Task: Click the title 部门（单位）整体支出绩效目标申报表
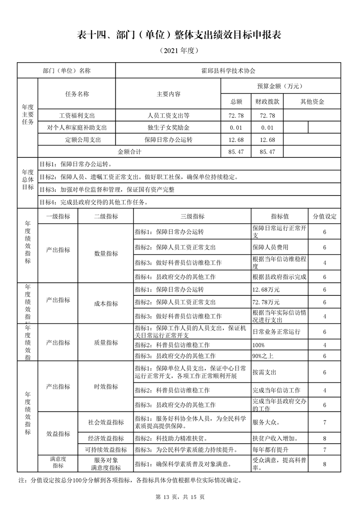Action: click(180, 35)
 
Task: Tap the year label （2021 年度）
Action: click(180, 51)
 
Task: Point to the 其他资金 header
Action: click(312, 102)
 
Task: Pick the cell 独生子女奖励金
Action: click(168, 128)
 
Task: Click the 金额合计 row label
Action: click(129, 152)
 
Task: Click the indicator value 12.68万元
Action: click(266, 289)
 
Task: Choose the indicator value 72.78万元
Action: click(266, 302)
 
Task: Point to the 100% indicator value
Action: click(258, 345)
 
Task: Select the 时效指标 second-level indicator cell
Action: click(106, 387)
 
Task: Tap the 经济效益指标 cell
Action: click(106, 439)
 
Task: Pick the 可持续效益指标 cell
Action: click(106, 450)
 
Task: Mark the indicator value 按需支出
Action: click(264, 372)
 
